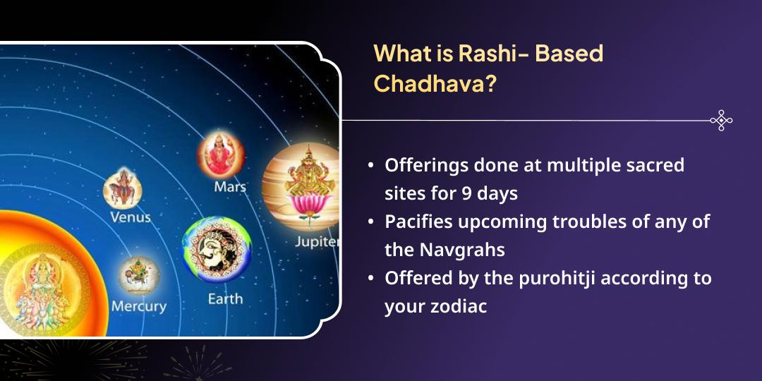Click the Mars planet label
[x=230, y=187]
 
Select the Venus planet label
[x=131, y=217]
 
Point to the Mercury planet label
[x=138, y=306]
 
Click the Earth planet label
[x=225, y=298]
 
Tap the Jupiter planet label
[x=317, y=242]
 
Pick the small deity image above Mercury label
[x=138, y=275]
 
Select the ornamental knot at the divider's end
[x=720, y=121]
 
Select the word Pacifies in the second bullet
[x=416, y=221]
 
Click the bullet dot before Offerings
[x=371, y=166]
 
